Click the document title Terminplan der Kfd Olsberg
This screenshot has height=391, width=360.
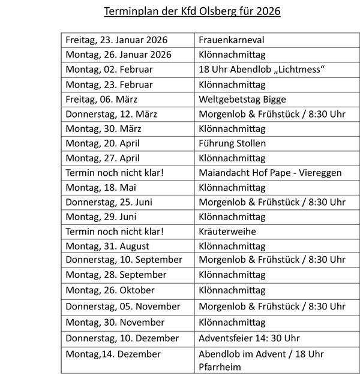tap(183, 11)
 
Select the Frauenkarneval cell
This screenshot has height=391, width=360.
tap(232, 40)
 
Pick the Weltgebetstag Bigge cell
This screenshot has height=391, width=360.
tap(242, 99)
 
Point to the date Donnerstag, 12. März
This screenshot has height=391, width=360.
tap(109, 114)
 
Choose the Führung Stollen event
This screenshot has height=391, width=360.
tap(232, 143)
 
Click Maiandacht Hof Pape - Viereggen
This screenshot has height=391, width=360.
tap(269, 173)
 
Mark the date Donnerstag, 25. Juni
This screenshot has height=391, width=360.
tap(109, 202)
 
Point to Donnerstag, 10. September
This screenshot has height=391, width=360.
tap(124, 260)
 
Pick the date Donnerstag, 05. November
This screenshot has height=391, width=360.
tap(123, 306)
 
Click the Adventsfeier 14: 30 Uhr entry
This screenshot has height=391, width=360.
tap(250, 338)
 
